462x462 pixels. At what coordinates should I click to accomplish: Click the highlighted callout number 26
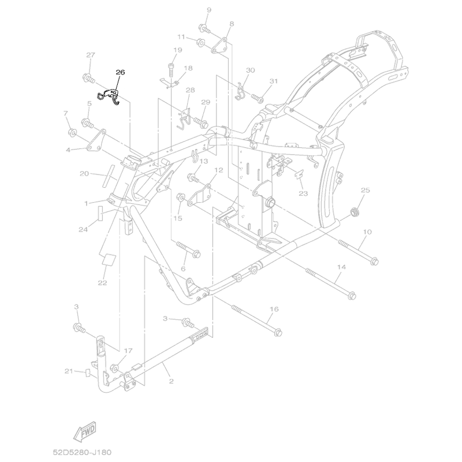tap(120, 72)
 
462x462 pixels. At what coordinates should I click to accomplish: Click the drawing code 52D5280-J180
tap(82, 452)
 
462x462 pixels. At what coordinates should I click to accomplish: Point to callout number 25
tap(365, 190)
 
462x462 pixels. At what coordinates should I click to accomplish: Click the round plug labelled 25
tap(353, 211)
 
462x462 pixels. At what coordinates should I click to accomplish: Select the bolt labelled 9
tap(204, 29)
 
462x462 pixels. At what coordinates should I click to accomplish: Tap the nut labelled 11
tap(200, 42)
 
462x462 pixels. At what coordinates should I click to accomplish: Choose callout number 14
tap(341, 267)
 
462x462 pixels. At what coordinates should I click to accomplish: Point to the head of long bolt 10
tap(375, 261)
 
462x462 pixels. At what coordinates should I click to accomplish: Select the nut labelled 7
tap(73, 132)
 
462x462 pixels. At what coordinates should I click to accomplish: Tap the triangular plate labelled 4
tap(96, 140)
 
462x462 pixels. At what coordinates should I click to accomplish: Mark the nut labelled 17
tap(114, 368)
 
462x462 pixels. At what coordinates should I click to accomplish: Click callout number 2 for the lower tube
tap(171, 381)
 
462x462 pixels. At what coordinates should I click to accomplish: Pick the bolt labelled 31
tap(258, 98)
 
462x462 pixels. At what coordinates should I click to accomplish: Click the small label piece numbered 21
tap(87, 372)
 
